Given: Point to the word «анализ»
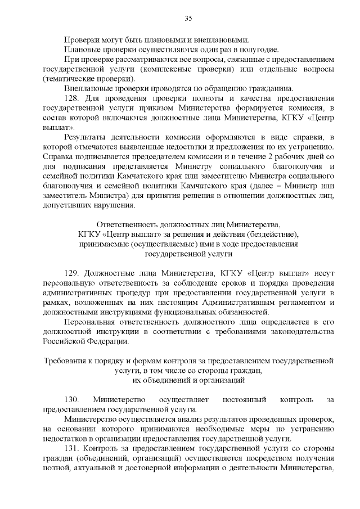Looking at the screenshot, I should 178,419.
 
